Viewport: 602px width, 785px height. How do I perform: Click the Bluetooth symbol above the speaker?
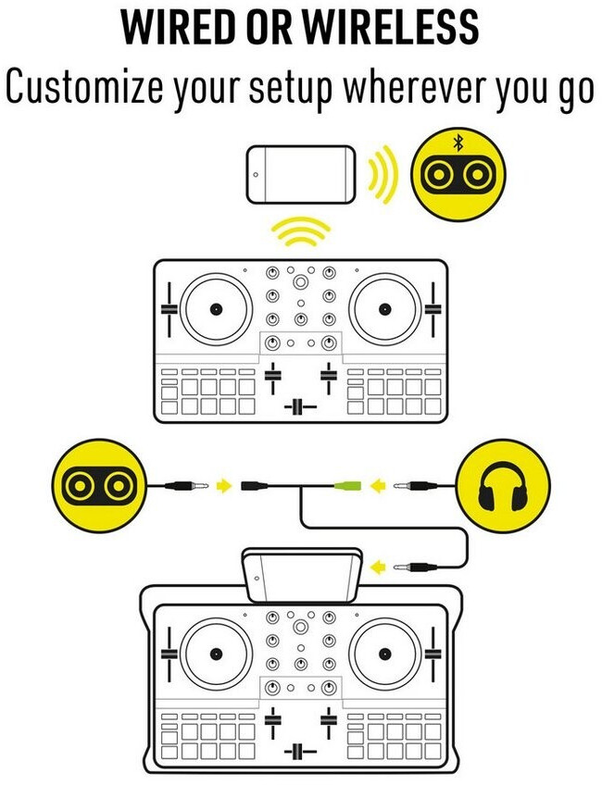(x=458, y=143)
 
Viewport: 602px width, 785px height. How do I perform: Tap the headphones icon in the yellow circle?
(x=502, y=486)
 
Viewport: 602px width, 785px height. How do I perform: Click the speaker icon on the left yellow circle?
(x=99, y=486)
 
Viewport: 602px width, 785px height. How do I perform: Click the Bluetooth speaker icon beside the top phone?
(x=458, y=175)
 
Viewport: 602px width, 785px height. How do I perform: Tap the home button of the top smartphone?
(x=256, y=175)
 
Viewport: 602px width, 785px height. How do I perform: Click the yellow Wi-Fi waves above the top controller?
(x=300, y=231)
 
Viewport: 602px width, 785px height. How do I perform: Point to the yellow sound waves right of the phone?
(x=383, y=174)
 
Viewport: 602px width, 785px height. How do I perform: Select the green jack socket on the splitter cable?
(x=347, y=485)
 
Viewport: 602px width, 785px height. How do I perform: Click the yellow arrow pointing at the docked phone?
(x=379, y=567)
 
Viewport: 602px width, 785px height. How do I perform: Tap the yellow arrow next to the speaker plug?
(x=224, y=485)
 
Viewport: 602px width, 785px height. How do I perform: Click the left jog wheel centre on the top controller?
(x=216, y=309)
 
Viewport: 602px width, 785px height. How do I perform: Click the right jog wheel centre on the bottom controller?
(x=384, y=654)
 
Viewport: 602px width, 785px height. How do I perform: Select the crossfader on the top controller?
(x=300, y=406)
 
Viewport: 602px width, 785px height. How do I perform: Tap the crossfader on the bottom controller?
(x=300, y=751)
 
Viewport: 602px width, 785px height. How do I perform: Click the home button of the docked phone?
(x=256, y=579)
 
